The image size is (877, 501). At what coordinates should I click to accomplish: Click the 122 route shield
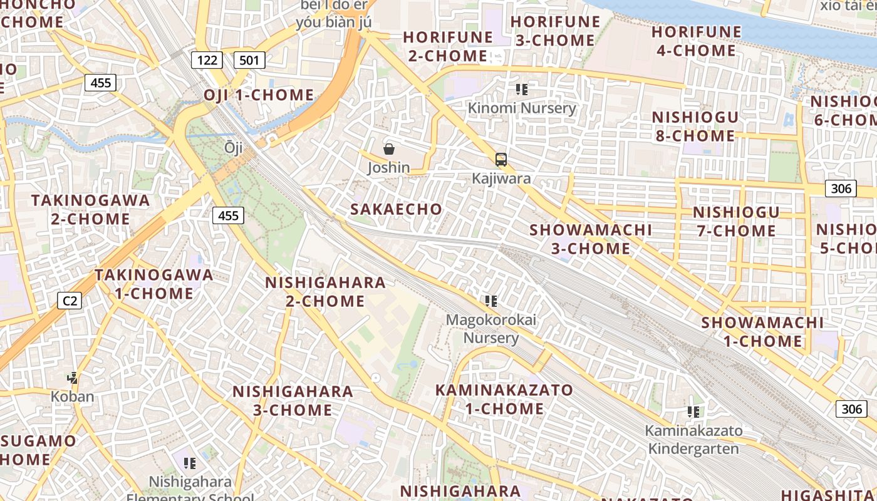[207, 60]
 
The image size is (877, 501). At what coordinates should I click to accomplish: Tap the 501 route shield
[249, 60]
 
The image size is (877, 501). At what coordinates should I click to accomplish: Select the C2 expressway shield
[70, 301]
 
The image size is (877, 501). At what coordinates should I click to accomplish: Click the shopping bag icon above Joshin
[388, 149]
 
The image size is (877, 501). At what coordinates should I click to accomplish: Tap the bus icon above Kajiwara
[501, 160]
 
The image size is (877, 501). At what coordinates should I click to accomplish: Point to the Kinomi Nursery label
[522, 108]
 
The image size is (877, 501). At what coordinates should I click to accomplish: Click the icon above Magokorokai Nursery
[491, 302]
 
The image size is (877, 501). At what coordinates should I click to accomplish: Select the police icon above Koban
[73, 378]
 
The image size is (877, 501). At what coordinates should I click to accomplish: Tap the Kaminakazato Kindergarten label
[693, 440]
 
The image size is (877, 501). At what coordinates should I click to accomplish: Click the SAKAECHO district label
[396, 209]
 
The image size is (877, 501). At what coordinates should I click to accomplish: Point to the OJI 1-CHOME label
[259, 95]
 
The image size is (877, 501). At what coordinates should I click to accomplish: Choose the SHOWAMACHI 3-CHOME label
[591, 239]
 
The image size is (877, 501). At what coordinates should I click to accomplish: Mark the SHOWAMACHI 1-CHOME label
[762, 332]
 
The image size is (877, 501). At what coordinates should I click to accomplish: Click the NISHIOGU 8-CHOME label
[695, 127]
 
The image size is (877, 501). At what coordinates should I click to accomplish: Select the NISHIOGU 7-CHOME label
[736, 222]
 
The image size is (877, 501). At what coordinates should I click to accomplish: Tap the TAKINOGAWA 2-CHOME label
[91, 210]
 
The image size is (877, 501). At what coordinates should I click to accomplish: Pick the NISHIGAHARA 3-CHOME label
[293, 401]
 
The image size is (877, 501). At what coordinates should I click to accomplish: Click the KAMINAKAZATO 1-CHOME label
[504, 400]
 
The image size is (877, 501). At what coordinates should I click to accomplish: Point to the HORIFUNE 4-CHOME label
[696, 41]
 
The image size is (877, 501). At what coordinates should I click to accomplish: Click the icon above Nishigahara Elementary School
[190, 463]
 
